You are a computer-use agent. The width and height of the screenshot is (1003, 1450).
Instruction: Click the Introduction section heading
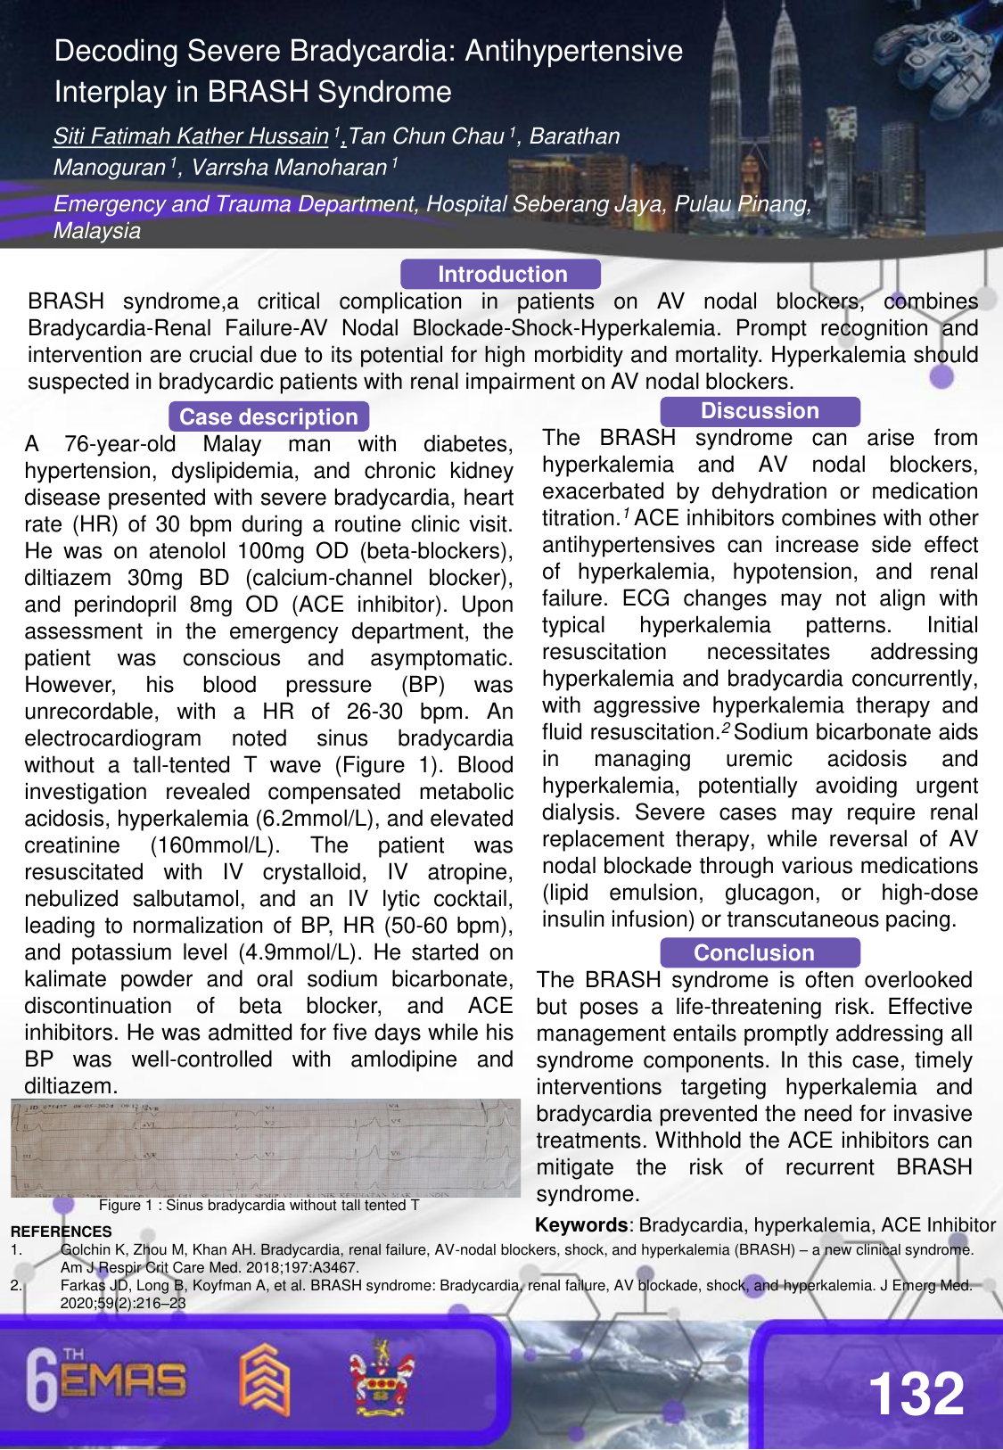[x=501, y=274]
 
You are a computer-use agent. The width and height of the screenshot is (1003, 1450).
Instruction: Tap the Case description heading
[x=268, y=416]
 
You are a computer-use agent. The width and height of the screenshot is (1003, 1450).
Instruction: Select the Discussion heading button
[x=760, y=411]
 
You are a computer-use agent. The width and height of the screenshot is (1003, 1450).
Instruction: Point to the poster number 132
[x=917, y=1393]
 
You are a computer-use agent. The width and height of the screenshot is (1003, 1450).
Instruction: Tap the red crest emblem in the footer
[x=382, y=1377]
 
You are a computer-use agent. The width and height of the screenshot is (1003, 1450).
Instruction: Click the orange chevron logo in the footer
[x=265, y=1380]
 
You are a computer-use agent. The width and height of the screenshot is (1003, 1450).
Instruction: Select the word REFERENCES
[x=62, y=1232]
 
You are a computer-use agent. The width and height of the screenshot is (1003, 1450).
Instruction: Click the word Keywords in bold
[x=581, y=1225]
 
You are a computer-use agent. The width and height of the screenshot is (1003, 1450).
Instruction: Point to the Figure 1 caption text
[x=259, y=1206]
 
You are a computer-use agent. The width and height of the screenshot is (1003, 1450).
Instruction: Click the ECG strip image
[x=266, y=1148]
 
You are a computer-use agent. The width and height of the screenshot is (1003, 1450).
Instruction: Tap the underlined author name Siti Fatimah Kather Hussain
[x=191, y=136]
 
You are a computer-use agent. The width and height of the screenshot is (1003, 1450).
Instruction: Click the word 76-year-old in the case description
[x=120, y=444]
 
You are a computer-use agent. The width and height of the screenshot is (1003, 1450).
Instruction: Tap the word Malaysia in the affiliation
[x=97, y=231]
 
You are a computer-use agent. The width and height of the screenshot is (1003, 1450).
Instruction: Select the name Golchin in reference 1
[x=86, y=1249]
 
